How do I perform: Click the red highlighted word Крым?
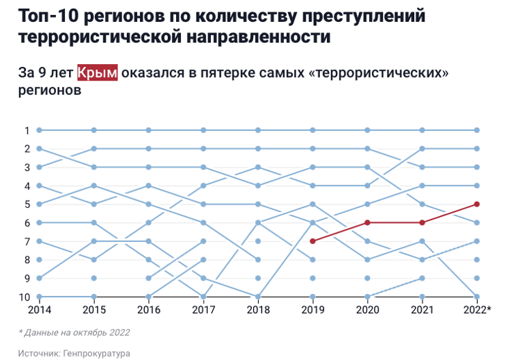pos(97,74)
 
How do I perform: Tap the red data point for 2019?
pos(313,241)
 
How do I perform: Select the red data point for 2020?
pos(368,222)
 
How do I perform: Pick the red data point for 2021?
pos(422,222)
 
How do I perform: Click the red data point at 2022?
pos(477,204)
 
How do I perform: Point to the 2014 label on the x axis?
pos(40,310)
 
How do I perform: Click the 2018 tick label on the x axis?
pos(259,310)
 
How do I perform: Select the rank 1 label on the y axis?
pos(27,130)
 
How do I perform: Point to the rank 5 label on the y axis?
pos(27,204)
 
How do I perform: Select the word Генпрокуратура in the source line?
pos(97,353)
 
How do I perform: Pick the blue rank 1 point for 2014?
pos(40,130)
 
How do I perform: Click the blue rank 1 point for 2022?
pos(477,130)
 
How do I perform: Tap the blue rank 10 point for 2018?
pos(259,297)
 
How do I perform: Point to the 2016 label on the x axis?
pos(149,310)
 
